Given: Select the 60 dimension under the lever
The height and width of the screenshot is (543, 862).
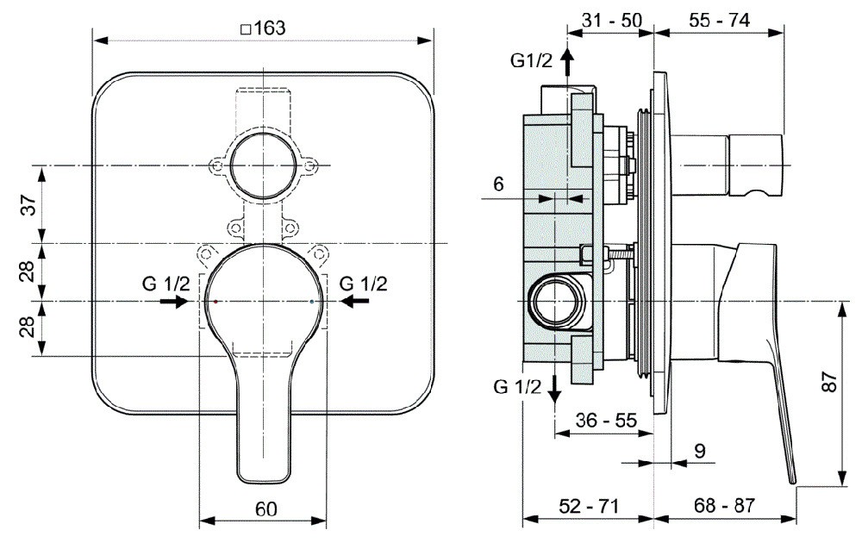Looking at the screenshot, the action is [266, 509].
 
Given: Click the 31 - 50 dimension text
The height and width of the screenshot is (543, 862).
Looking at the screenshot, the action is [611, 21].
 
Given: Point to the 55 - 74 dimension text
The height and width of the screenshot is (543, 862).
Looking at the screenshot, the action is [719, 21].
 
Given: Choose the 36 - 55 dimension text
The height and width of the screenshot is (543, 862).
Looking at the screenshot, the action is [606, 421].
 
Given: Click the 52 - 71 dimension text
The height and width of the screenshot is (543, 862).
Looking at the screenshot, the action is [589, 506].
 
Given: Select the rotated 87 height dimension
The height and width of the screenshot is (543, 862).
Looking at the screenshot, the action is [829, 382].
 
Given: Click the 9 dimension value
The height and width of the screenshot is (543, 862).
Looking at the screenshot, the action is [700, 451].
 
